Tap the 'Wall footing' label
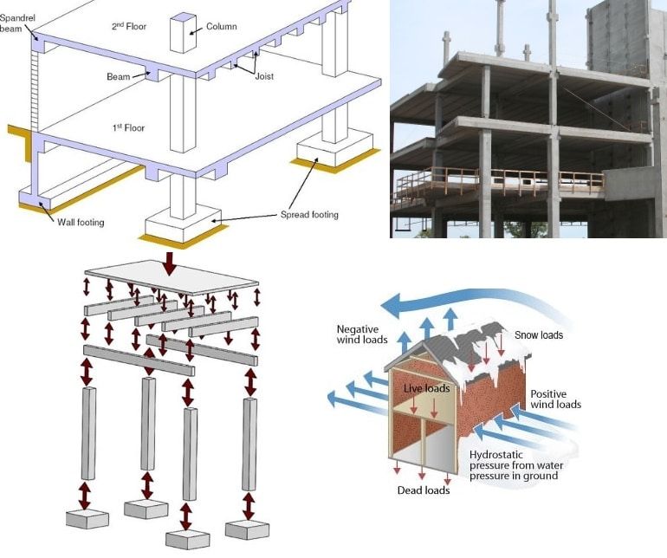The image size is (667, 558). (80, 223)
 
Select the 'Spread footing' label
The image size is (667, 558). (309, 214)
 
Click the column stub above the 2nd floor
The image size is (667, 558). (183, 32)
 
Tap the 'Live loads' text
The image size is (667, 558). (426, 388)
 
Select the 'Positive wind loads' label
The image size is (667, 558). (555, 399)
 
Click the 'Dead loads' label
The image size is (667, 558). (424, 490)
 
